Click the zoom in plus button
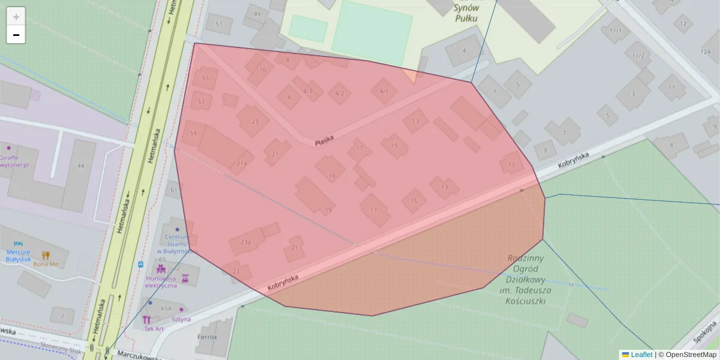point(16,17)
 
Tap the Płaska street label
point(324,140)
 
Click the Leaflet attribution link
point(641,355)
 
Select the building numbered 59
point(193,134)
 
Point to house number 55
point(205,78)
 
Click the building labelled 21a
point(241,163)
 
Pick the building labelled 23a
point(245,242)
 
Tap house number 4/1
point(384,91)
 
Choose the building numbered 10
point(262,70)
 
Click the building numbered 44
point(80,166)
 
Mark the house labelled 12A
point(706,52)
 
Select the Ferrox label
point(207,337)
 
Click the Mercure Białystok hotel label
point(18,255)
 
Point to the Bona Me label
point(46,263)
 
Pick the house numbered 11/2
point(638,56)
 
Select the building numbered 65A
point(166,308)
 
